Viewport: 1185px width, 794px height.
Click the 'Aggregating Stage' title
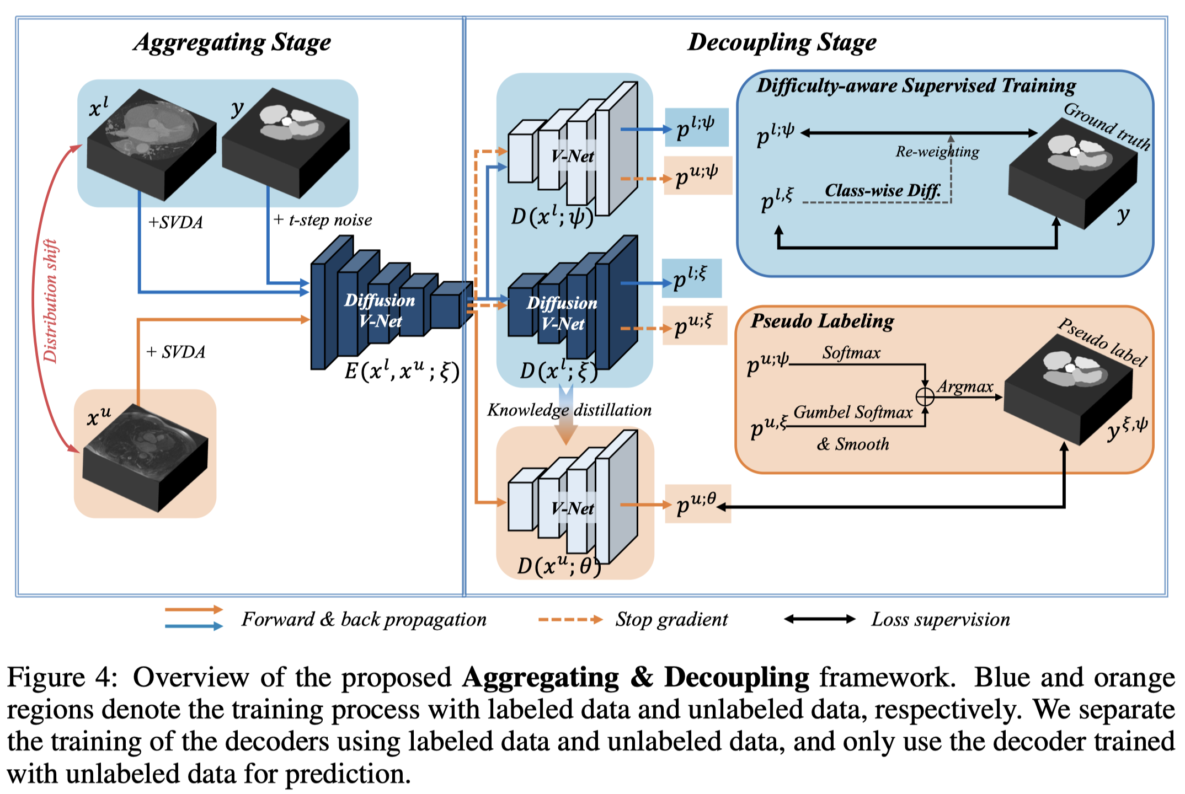(232, 42)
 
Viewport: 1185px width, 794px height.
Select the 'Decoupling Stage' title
(782, 42)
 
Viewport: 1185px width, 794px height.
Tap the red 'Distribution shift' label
(51, 301)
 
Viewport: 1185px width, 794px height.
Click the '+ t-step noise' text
(323, 220)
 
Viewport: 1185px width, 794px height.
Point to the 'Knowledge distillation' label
(569, 410)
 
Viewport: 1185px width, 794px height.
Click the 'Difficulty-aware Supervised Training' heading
(916, 85)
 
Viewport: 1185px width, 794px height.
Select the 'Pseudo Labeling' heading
(822, 321)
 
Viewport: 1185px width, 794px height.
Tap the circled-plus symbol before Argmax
(925, 396)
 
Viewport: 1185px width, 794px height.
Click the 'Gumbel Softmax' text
(853, 412)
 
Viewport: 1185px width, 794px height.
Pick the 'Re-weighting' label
(937, 152)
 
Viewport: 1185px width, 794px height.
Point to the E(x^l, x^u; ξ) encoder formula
(402, 371)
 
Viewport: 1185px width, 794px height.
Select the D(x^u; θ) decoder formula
(559, 566)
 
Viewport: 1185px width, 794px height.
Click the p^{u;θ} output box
(697, 503)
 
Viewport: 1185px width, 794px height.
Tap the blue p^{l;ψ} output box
(696, 127)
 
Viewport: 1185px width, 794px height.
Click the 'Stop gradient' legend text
(671, 620)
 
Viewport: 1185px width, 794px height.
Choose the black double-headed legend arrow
(820, 619)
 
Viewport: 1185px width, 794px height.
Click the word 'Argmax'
(965, 387)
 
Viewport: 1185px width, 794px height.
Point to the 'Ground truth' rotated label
(1107, 126)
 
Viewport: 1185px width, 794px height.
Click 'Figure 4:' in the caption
(62, 677)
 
